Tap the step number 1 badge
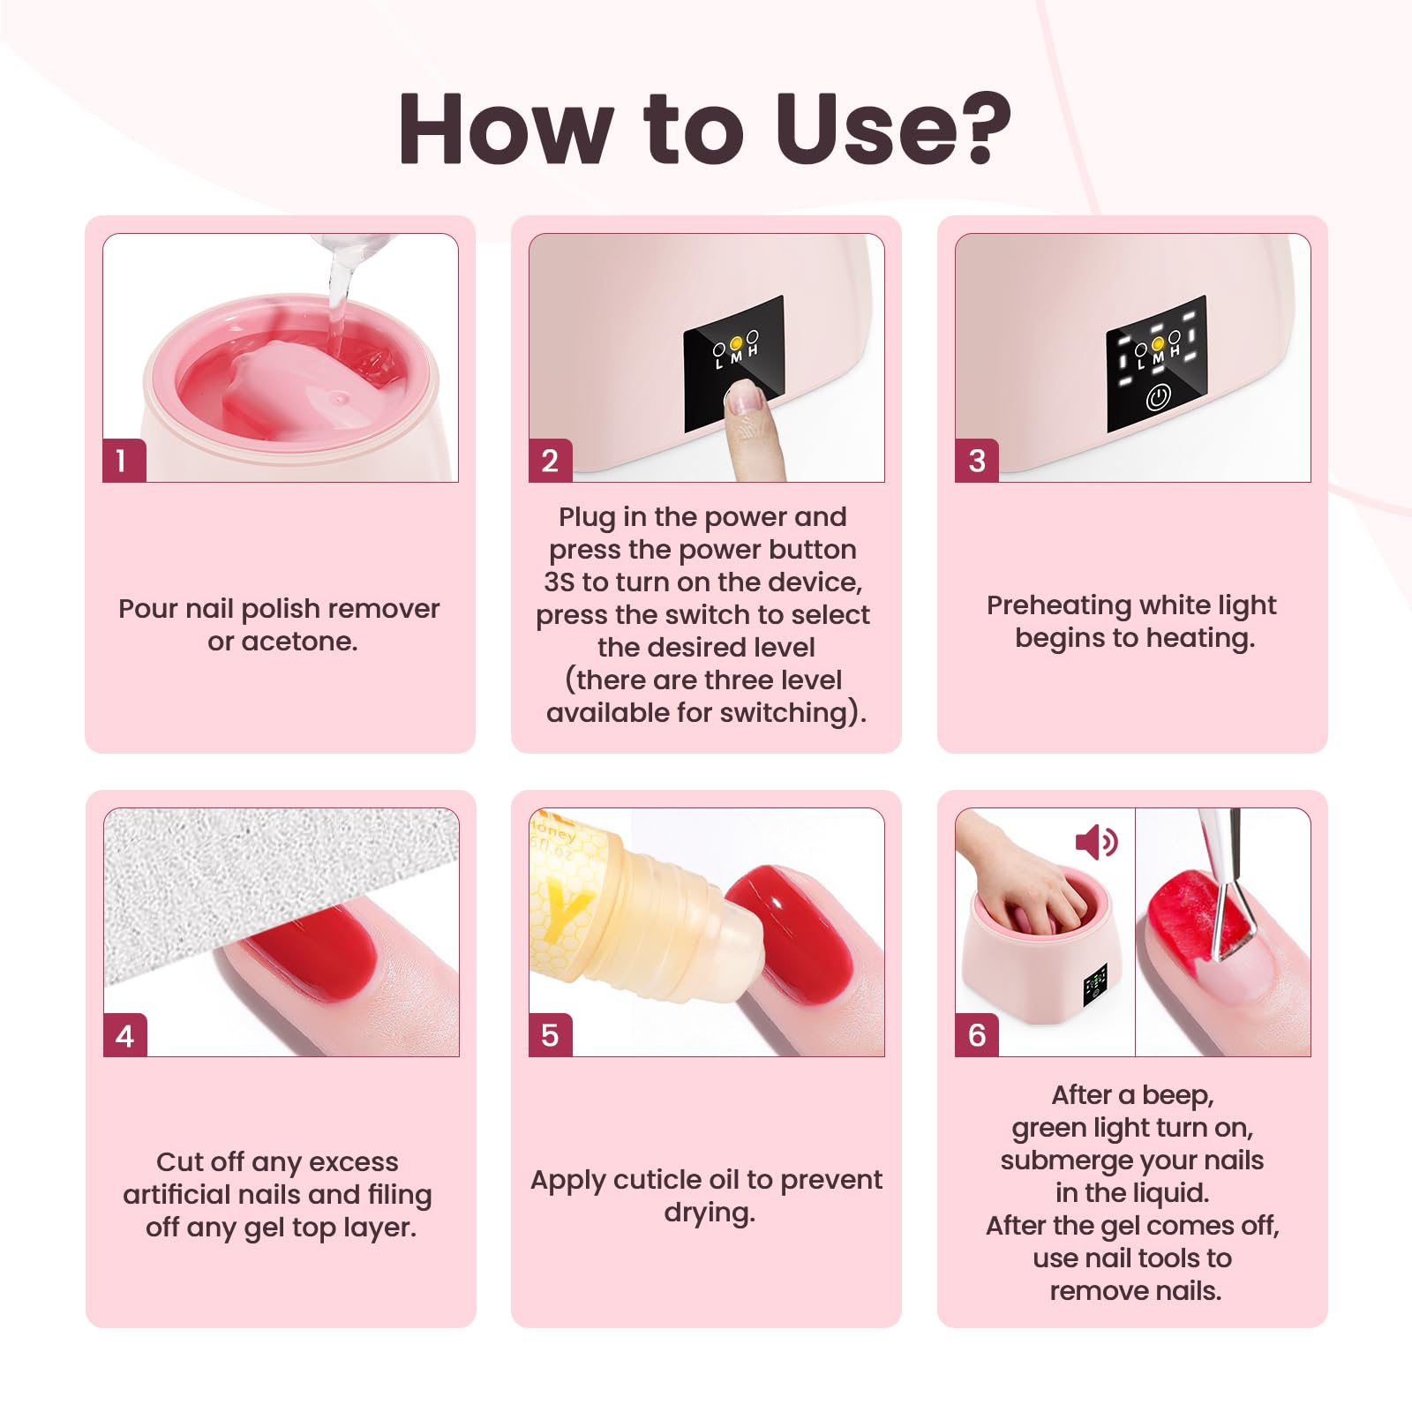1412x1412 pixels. coord(124,461)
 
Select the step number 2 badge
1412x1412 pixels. coord(551,461)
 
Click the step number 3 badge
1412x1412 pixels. coord(977,461)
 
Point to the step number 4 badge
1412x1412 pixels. coord(125,1035)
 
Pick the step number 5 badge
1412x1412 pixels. coord(551,1035)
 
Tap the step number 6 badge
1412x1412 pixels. coord(977,1035)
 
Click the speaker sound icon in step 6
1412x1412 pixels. coord(1096,843)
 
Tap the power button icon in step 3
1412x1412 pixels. coord(1158,398)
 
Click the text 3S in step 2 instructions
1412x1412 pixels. coord(560,582)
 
